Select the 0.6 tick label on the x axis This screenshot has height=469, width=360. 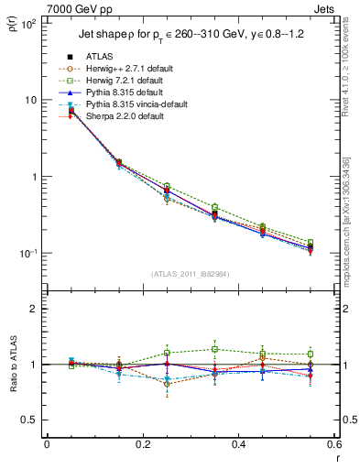click(x=334, y=445)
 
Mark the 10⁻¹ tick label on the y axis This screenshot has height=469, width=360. click(x=28, y=254)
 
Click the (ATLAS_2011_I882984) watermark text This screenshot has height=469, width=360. click(x=190, y=274)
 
